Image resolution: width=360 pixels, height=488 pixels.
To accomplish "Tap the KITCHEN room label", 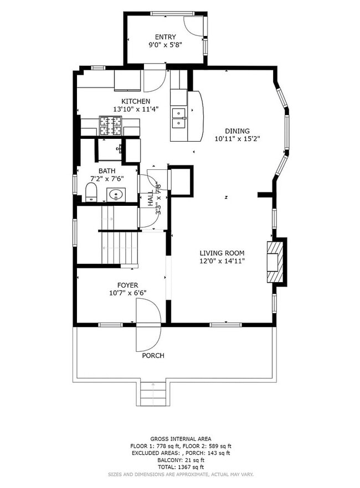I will click(136, 101).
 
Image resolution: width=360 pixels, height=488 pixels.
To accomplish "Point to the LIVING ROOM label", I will click(222, 253).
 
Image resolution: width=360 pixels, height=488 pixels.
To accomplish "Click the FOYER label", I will click(120, 285).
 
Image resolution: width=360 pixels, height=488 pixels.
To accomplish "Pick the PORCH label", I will click(153, 355).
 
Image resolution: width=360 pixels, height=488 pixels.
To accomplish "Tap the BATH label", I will click(107, 170).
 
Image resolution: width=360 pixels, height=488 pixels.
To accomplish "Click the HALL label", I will click(151, 199).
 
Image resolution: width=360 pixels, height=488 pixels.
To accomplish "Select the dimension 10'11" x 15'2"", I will click(238, 139).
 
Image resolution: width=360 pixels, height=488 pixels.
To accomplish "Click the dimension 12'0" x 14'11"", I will click(222, 261).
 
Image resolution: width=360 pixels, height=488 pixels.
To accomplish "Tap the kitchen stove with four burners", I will click(110, 126).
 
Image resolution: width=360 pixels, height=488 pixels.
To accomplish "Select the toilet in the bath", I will click(91, 193).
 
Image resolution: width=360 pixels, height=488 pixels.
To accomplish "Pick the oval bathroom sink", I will click(116, 194).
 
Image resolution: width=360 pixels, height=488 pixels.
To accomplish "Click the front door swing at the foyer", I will click(148, 324).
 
